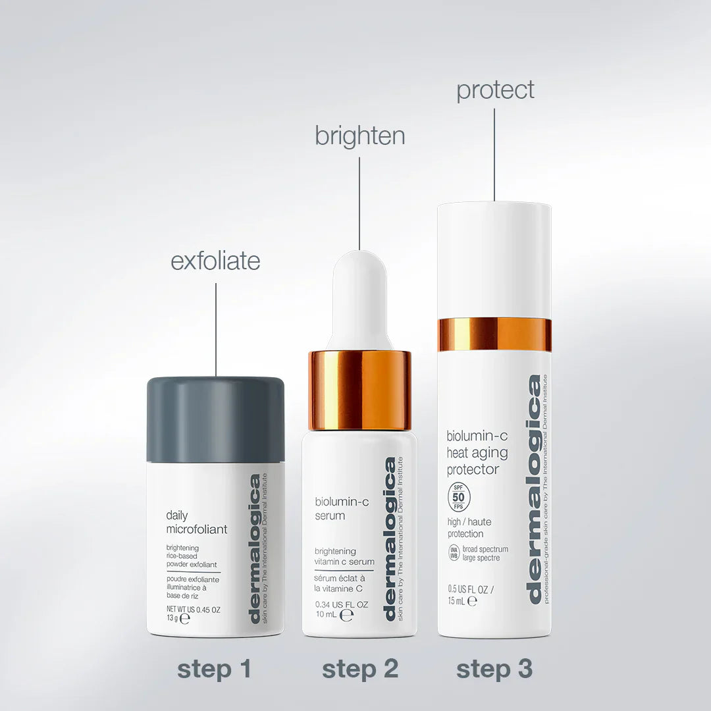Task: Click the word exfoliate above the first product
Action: pos(215,261)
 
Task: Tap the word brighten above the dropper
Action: pos(359,136)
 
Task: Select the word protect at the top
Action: pos(495,90)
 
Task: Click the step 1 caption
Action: pos(215,669)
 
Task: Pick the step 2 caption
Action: pos(360,669)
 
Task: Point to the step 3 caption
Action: pos(494,669)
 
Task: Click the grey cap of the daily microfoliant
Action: pos(215,418)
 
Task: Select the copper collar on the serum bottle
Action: pos(359,390)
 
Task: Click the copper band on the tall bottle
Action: pos(494,334)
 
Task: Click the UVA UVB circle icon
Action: pos(453,553)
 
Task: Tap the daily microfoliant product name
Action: pos(196,523)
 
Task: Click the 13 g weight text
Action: pos(172,619)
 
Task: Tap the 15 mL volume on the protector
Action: pos(457,600)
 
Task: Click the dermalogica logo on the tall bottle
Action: pos(533,488)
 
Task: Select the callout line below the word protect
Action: pos(494,155)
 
